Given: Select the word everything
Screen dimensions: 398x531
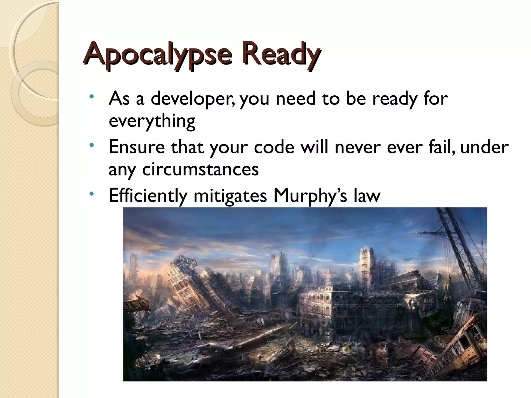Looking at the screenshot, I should click(152, 121).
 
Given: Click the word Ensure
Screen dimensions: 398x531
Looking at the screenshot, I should click(137, 147).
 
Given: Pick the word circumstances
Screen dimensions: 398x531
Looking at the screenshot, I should click(200, 170).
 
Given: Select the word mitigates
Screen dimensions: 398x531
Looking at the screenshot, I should click(230, 196).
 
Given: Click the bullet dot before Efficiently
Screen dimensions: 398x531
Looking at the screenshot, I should click(91, 194).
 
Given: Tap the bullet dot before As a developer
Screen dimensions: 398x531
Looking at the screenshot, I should click(91, 97).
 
